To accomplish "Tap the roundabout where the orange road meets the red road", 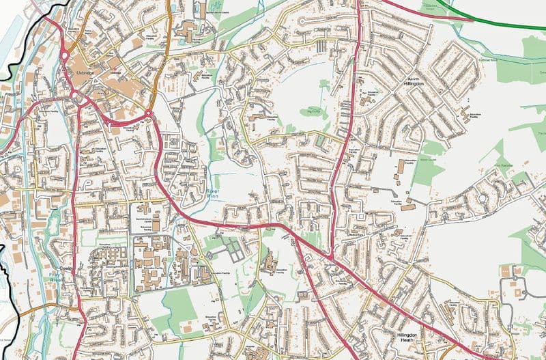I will coord(148,113).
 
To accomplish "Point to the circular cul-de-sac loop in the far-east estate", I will coord(483,198).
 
